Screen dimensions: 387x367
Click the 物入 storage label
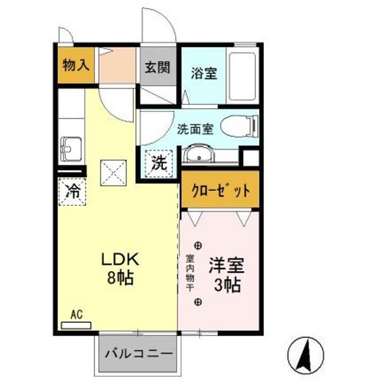click(x=76, y=66)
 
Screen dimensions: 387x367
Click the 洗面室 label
click(x=196, y=128)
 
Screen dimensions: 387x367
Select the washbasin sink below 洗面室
click(x=199, y=155)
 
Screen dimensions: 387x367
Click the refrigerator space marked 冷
click(x=71, y=190)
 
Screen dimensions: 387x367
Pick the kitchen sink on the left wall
click(x=71, y=147)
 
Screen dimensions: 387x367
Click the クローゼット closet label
click(x=221, y=190)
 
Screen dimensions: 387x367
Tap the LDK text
click(x=121, y=260)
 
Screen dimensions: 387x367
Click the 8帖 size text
click(x=121, y=279)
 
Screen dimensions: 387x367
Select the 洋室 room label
click(x=226, y=265)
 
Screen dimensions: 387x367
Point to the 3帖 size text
click(x=226, y=284)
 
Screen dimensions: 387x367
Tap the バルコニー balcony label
click(x=138, y=354)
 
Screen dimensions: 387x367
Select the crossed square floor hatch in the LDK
click(x=113, y=173)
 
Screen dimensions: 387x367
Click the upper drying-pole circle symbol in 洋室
click(x=198, y=246)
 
